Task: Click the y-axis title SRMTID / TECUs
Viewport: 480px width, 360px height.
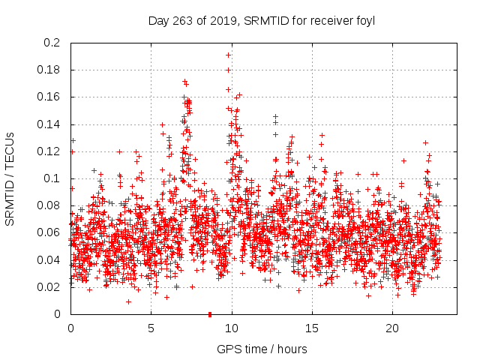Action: tap(11, 178)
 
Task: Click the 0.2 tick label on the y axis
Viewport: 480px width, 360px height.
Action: tap(52, 43)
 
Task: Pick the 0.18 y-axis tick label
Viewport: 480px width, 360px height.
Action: tap(49, 70)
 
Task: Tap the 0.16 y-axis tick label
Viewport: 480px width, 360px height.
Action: tap(49, 97)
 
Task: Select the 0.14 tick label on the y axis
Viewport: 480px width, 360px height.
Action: tap(49, 124)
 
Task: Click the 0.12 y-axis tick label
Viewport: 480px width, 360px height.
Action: tap(49, 151)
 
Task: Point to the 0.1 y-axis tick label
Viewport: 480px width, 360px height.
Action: tap(52, 178)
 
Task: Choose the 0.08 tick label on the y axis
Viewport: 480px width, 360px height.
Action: tap(49, 205)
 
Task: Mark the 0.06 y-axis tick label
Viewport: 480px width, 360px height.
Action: tap(49, 232)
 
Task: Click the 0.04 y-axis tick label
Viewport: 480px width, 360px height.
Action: tap(49, 260)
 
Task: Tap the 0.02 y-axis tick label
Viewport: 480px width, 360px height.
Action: tap(49, 287)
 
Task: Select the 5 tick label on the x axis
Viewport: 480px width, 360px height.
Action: tap(151, 328)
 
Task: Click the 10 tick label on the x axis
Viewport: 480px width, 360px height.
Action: tap(232, 328)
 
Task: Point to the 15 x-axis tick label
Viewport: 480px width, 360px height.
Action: tap(312, 328)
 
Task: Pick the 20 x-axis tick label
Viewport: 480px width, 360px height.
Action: tap(392, 328)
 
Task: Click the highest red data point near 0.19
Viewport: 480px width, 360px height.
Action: tap(228, 55)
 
